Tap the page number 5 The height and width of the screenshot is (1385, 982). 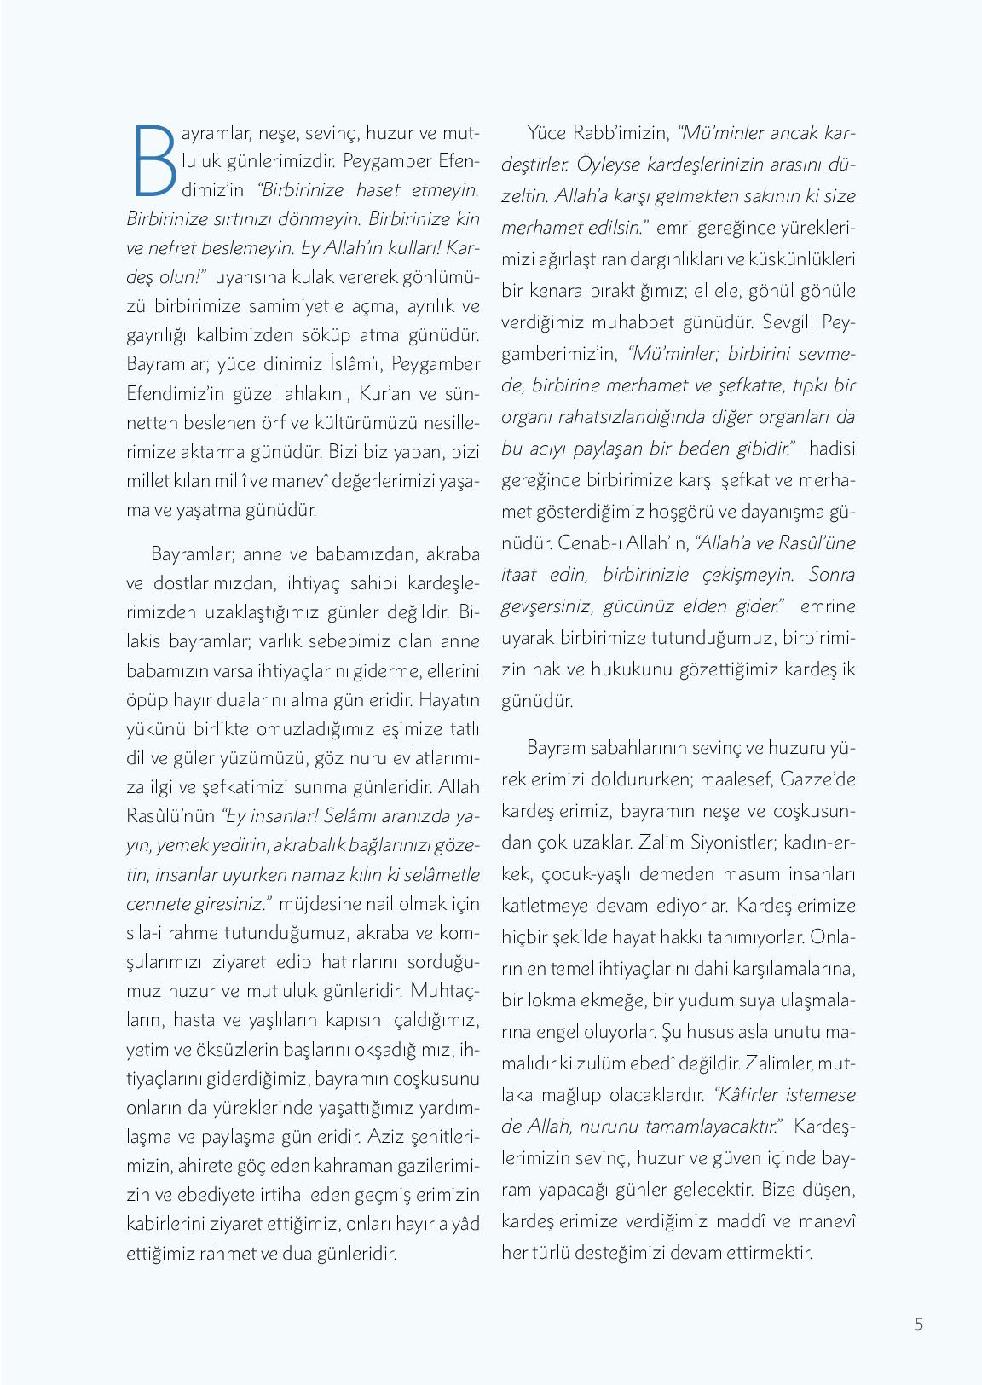[918, 1324]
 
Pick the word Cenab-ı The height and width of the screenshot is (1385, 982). [588, 543]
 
